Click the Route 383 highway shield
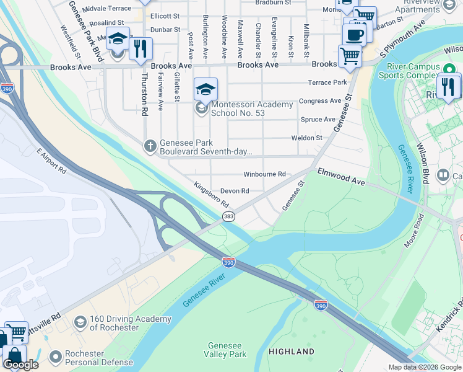(228, 216)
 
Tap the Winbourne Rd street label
(264, 174)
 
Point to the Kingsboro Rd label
(211, 195)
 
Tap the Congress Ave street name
(320, 101)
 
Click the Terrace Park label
(328, 82)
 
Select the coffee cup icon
(354, 35)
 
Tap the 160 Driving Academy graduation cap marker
(80, 322)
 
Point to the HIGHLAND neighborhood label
(291, 352)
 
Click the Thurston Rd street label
(145, 94)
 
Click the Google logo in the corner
(21, 365)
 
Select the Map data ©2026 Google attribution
(424, 367)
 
